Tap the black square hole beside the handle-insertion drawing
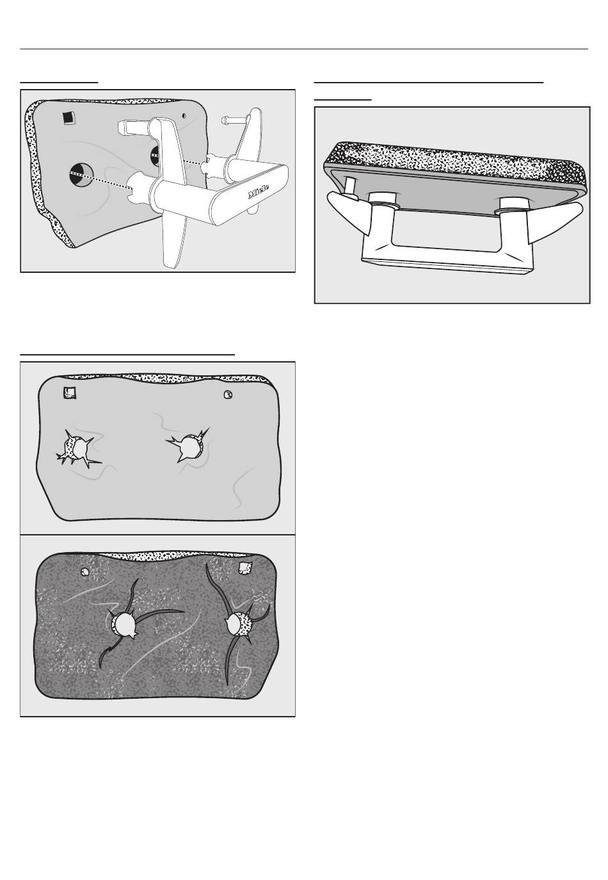(68, 117)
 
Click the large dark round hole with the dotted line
(81, 175)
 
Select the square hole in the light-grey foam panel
(69, 393)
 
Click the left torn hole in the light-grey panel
(77, 449)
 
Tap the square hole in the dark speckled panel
(245, 567)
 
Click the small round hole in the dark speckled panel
(84, 571)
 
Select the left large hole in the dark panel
(124, 625)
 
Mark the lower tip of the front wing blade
(171, 267)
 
